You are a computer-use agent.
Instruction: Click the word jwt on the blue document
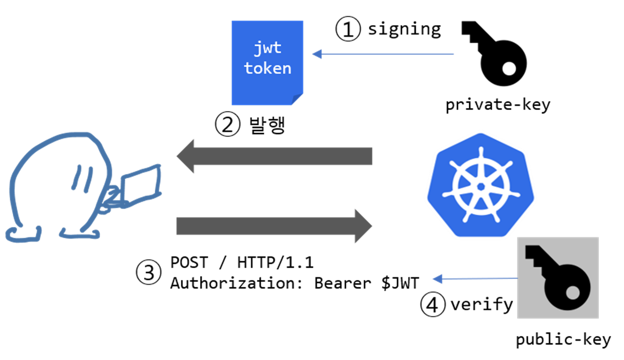pyautogui.click(x=267, y=48)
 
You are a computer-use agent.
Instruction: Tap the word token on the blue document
pyautogui.click(x=267, y=68)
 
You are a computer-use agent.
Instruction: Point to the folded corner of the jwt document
pyautogui.click(x=297, y=99)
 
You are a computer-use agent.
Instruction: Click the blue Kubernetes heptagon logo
pyautogui.click(x=480, y=185)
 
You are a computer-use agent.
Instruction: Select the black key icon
pyautogui.click(x=558, y=278)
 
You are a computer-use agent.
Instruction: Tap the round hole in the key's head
pyautogui.click(x=572, y=293)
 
